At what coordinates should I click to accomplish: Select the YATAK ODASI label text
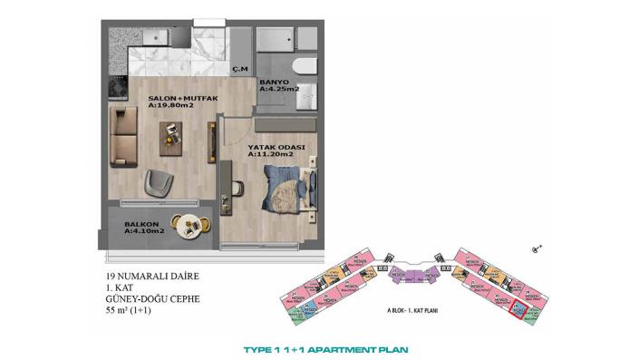[276, 147]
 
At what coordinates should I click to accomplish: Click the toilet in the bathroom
[305, 68]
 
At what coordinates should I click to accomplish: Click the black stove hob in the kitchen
[118, 88]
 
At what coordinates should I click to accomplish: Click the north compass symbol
[538, 246]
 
